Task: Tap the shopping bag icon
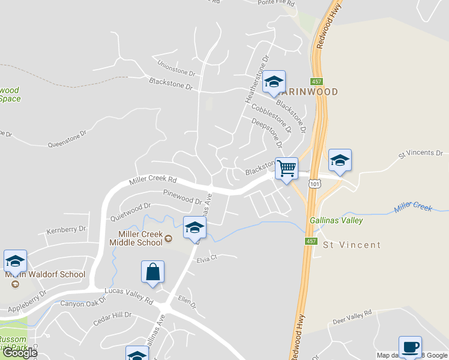pos(153,271)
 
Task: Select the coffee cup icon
pos(410,347)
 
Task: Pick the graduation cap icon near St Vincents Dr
pos(340,160)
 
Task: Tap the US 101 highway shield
pos(315,182)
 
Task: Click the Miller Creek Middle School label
pos(136,238)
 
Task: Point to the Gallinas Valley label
pos(336,220)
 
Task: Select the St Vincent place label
pos(352,245)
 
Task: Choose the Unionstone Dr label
pos(176,68)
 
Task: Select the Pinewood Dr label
pos(182,197)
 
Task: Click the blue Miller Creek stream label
pos(413,208)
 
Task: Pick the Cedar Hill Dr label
pos(112,319)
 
